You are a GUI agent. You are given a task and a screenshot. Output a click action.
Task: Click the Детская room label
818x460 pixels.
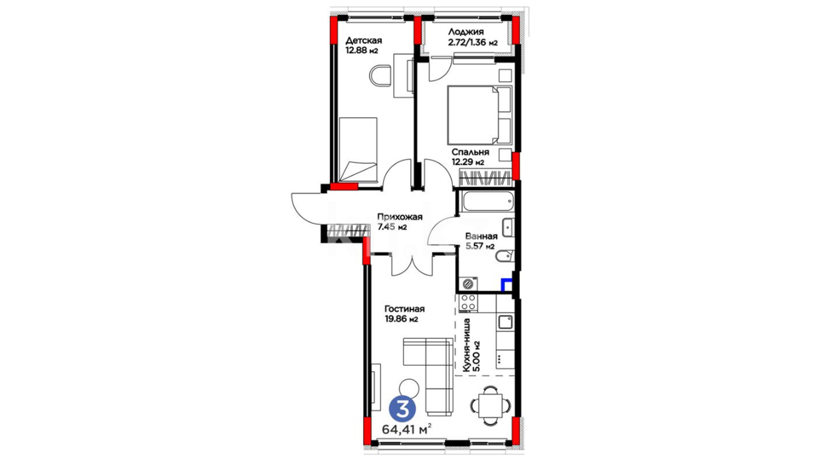click(x=363, y=40)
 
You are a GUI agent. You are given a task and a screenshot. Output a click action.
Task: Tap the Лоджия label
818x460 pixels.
click(x=466, y=32)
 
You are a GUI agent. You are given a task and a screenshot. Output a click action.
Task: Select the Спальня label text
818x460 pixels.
click(x=470, y=152)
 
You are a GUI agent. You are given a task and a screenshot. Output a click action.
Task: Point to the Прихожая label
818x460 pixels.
click(x=400, y=217)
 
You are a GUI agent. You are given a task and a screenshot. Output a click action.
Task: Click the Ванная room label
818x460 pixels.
click(x=481, y=236)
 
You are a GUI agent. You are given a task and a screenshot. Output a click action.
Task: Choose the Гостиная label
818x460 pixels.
click(x=404, y=309)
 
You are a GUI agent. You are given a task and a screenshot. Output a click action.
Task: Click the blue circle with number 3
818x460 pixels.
click(x=402, y=408)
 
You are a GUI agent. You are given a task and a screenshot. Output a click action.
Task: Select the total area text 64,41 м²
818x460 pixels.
click(x=406, y=429)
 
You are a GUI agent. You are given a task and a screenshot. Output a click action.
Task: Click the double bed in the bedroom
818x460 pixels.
click(x=479, y=115)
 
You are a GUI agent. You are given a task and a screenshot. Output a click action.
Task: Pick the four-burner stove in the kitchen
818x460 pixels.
click(x=467, y=302)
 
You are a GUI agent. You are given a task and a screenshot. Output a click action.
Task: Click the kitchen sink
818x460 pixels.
click(x=506, y=322)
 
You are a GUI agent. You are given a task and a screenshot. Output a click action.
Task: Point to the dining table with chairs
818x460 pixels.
click(x=490, y=406)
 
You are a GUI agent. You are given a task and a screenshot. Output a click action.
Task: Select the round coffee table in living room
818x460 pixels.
click(x=409, y=388)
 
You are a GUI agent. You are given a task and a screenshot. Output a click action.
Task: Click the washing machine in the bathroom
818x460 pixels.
click(x=468, y=283)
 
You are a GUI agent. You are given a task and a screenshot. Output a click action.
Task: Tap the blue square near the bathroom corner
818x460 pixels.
click(x=506, y=285)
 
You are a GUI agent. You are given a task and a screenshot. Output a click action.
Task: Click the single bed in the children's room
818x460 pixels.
click(x=358, y=150)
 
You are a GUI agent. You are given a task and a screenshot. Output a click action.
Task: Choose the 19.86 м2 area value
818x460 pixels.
click(x=401, y=319)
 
